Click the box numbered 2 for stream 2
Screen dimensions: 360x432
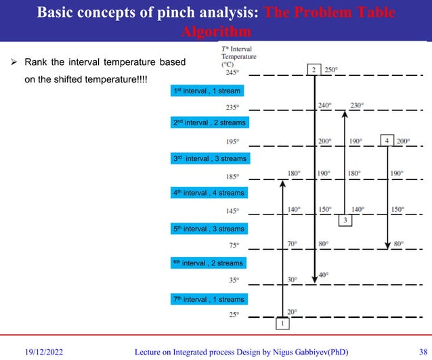point(314,70)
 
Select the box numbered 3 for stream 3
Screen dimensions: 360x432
point(345,220)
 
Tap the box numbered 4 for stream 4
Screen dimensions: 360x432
point(387,140)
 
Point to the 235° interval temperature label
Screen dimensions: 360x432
point(233,107)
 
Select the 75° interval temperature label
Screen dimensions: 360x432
point(234,246)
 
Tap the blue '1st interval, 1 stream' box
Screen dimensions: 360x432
point(207,90)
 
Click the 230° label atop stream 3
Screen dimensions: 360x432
point(357,105)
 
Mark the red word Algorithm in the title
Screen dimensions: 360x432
point(216,32)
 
